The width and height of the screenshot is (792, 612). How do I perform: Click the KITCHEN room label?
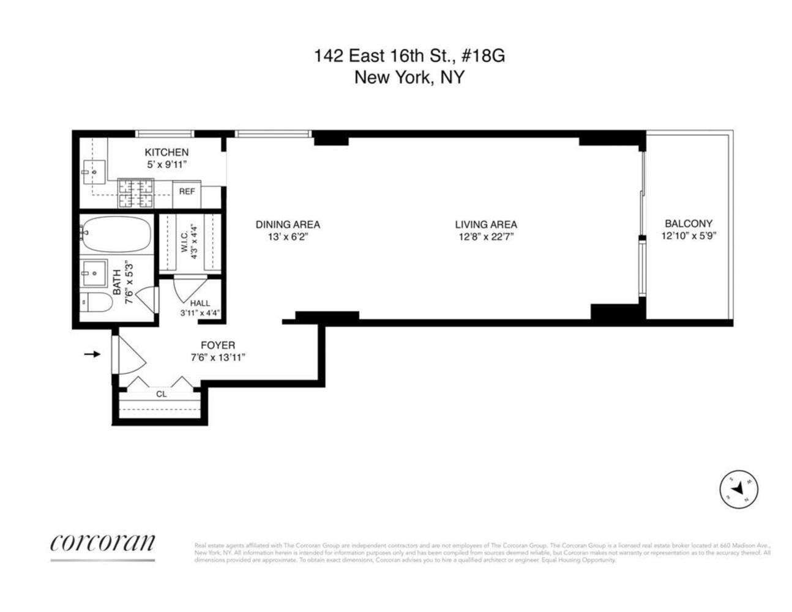pos(166,152)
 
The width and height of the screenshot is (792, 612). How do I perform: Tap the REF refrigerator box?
pos(187,192)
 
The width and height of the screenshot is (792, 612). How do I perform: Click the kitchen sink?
pos(94,172)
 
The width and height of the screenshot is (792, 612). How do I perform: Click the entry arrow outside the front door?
pos(92,354)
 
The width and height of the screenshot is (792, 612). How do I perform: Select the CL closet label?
pos(161,394)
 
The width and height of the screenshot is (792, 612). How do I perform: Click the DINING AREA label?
pos(288,225)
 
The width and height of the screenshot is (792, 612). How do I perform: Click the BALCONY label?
pos(689,224)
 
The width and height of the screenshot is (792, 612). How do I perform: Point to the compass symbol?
pos(738,489)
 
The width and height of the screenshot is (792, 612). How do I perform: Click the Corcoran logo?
pos(102,543)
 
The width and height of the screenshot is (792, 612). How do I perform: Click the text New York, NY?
pos(409,78)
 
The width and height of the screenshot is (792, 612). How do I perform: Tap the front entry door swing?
pos(130,355)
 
